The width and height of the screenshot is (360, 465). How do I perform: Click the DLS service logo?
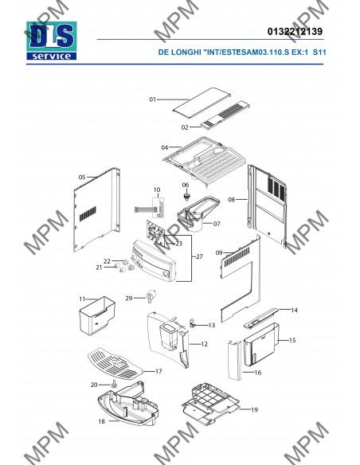(51, 41)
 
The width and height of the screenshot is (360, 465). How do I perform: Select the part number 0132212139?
(295, 31)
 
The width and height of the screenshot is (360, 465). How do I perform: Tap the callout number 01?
(152, 100)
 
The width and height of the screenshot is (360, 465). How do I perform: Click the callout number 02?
(185, 127)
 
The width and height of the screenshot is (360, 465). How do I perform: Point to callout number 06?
(186, 185)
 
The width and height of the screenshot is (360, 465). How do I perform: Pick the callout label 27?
(200, 256)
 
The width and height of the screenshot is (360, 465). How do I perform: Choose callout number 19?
(254, 410)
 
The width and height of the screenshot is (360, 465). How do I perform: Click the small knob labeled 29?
(151, 295)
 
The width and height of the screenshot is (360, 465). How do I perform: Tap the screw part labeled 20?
(113, 384)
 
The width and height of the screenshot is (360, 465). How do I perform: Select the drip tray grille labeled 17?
(115, 364)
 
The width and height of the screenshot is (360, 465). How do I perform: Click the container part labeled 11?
(97, 315)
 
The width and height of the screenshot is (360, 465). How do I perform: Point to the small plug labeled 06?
(186, 197)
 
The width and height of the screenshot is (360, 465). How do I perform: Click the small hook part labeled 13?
(193, 324)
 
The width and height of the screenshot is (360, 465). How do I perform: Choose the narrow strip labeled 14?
(261, 318)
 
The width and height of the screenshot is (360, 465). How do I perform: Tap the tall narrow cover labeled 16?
(235, 361)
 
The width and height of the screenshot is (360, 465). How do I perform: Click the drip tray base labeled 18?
(127, 404)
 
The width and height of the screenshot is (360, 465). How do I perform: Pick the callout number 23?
(178, 244)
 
